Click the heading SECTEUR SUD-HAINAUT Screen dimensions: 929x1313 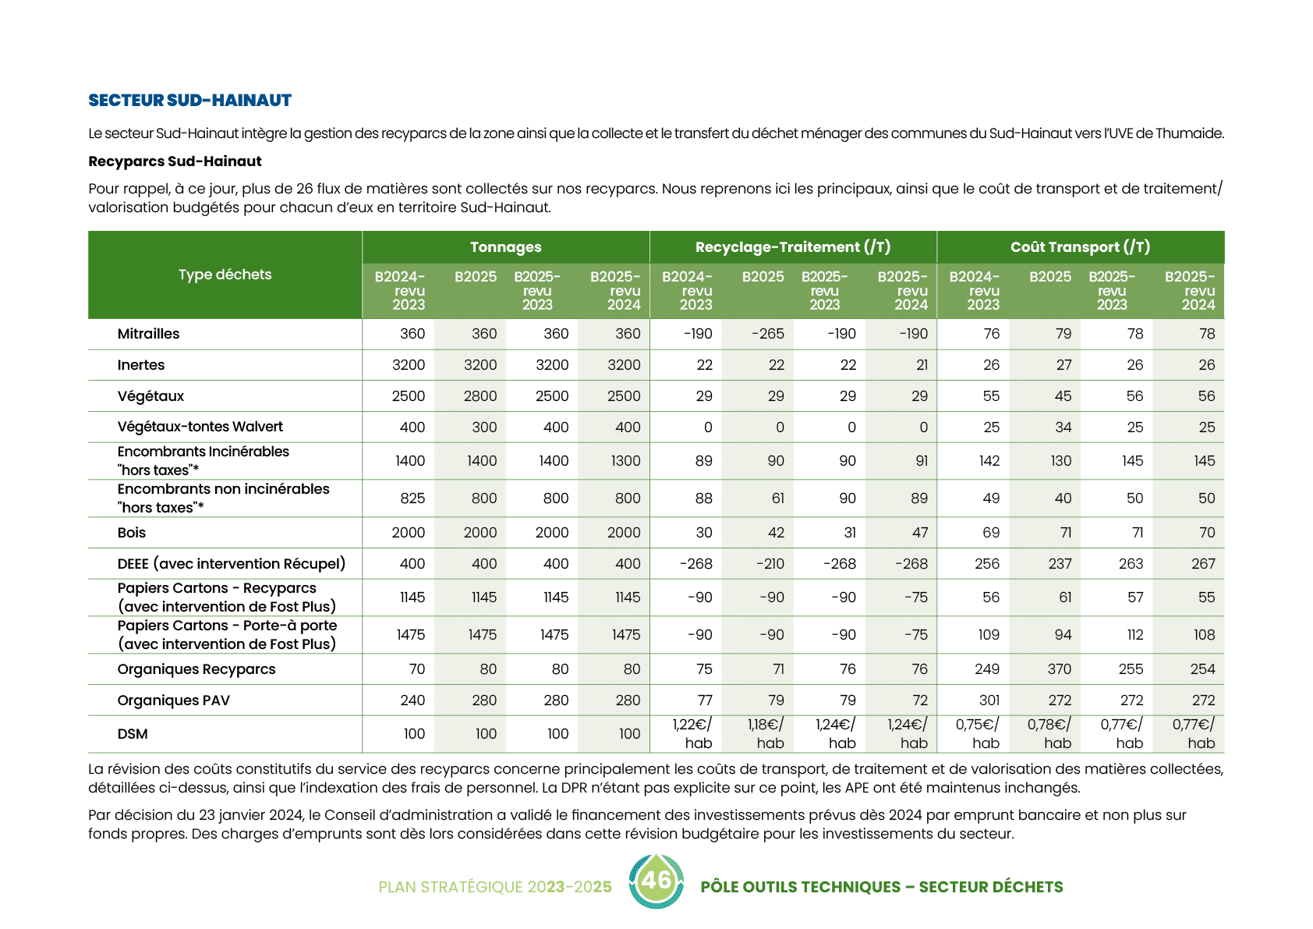click(x=189, y=100)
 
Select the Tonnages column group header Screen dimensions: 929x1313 click(x=505, y=247)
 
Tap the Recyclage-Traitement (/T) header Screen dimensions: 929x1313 click(x=792, y=247)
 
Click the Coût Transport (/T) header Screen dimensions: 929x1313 click(x=1080, y=247)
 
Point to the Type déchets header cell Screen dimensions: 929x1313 click(x=225, y=275)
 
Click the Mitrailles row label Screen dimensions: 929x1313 click(x=148, y=334)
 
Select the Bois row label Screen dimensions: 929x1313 click(x=131, y=533)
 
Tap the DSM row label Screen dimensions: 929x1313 click(x=132, y=734)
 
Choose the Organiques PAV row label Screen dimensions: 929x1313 click(x=173, y=700)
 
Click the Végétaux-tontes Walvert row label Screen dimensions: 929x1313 click(x=200, y=427)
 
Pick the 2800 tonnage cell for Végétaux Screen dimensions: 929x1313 click(x=480, y=396)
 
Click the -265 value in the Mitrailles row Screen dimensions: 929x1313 click(x=767, y=334)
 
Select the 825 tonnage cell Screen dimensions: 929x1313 click(x=412, y=498)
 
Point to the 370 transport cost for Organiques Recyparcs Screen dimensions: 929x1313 click(x=1059, y=669)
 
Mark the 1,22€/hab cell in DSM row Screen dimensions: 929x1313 click(x=692, y=734)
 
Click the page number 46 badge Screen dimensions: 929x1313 click(x=656, y=881)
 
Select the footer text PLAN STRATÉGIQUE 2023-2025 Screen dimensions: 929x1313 click(x=494, y=887)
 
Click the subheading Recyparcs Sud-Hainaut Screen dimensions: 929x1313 click(x=175, y=161)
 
